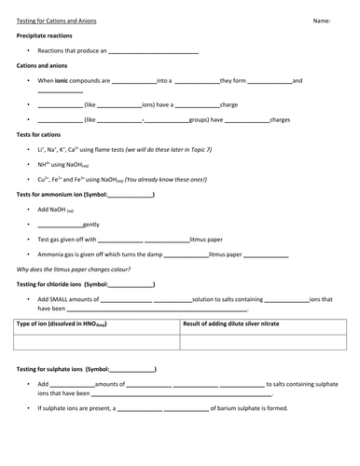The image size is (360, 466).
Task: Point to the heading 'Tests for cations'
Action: [x=38, y=135]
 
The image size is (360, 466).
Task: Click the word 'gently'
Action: [x=90, y=225]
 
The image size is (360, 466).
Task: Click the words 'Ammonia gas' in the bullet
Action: [x=60, y=254]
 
